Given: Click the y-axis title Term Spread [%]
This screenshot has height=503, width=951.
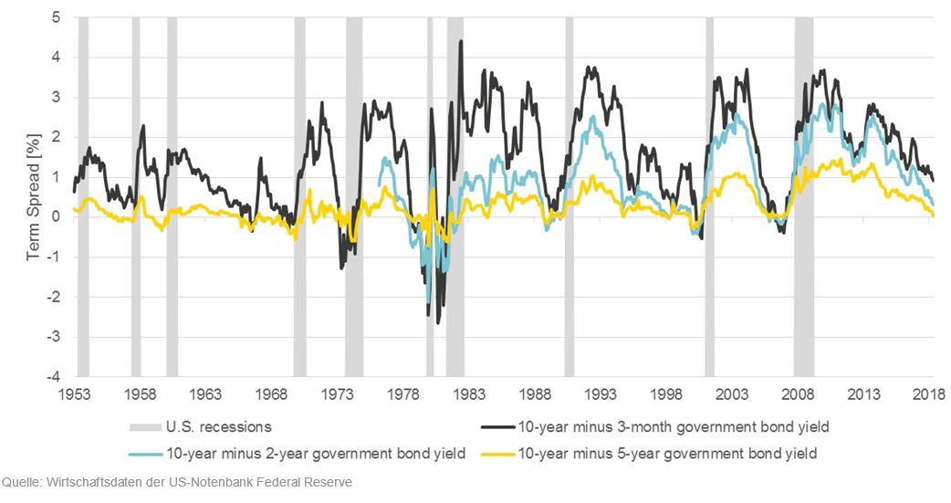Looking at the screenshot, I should [34, 196].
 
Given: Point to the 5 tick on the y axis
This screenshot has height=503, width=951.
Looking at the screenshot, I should [56, 17].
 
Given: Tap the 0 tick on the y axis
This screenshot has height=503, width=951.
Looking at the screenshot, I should [56, 217].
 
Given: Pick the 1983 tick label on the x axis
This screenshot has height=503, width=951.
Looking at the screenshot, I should [469, 394].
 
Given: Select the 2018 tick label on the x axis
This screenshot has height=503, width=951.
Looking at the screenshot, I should [929, 394].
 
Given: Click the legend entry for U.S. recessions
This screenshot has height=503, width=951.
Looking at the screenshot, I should [219, 426].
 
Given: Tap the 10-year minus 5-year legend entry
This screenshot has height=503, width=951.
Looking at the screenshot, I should [666, 453].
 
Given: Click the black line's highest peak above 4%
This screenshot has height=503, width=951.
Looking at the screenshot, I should [461, 41].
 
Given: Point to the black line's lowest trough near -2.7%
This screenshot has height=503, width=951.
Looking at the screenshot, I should [438, 322].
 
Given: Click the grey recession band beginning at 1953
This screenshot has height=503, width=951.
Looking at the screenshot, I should [83, 196].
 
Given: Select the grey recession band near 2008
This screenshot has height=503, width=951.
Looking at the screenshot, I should [803, 196].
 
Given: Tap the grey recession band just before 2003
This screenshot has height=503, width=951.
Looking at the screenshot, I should [709, 196].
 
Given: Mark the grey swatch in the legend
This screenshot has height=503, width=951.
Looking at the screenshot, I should [144, 426].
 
